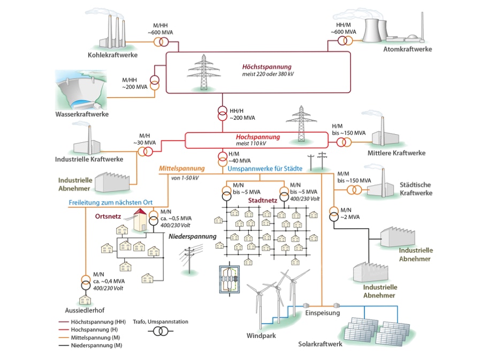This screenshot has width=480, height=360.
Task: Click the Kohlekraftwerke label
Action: pyautogui.click(x=112, y=55)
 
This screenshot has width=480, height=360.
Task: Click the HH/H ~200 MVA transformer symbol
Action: pyautogui.click(x=222, y=114)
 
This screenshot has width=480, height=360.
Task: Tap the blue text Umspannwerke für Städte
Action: pyautogui.click(x=265, y=168)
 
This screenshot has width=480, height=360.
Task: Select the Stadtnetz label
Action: pyautogui.click(x=262, y=201)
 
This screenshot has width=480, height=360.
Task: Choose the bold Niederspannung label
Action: pyautogui.click(x=193, y=236)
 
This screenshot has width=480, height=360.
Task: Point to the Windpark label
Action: pyautogui.click(x=261, y=336)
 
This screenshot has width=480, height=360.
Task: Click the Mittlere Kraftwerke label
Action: pyautogui.click(x=397, y=153)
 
